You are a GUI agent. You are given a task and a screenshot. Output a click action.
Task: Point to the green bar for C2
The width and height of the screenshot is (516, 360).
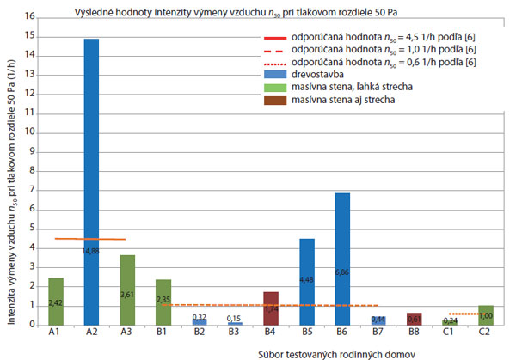click(485, 314)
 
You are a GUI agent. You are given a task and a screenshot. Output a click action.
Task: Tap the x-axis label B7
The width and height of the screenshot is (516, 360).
click(378, 332)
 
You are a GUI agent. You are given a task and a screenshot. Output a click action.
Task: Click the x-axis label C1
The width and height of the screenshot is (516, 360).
click(450, 332)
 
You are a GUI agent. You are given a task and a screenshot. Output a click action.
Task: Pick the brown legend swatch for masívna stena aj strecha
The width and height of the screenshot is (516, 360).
click(276, 99)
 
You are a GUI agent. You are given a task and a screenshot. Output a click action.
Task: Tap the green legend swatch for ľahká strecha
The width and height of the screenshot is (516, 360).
click(276, 87)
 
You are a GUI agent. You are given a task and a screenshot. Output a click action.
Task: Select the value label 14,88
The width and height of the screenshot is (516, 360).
click(91, 250)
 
